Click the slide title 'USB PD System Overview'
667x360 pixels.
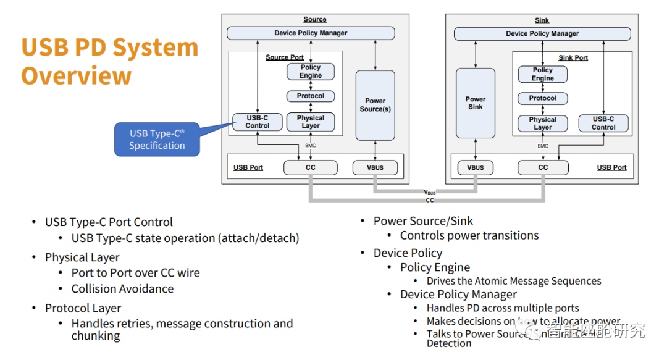pos(109,61)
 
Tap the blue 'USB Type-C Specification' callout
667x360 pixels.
pos(157,140)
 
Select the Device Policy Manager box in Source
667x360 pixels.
pos(311,33)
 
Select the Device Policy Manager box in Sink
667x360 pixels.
pos(542,33)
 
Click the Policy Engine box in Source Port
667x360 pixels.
pos(311,72)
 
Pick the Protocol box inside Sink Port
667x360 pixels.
pos(542,98)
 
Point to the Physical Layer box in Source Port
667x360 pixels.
pos(311,122)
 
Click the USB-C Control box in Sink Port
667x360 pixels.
pos(603,123)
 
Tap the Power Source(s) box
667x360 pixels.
pos(375,105)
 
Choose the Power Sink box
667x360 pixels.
pos(475,103)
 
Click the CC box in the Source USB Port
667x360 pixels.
pos(311,167)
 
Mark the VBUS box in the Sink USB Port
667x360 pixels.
pos(475,167)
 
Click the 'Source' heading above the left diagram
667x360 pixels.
pos(315,20)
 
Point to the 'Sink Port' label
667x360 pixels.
pos(573,58)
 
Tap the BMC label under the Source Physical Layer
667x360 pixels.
pos(311,146)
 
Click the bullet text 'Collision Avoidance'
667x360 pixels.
pos(122,289)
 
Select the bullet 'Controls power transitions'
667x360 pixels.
pos(469,235)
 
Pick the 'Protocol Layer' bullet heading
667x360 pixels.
pos(83,308)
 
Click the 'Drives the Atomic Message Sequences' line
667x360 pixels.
pos(514,281)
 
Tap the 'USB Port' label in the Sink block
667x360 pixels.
pos(611,167)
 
